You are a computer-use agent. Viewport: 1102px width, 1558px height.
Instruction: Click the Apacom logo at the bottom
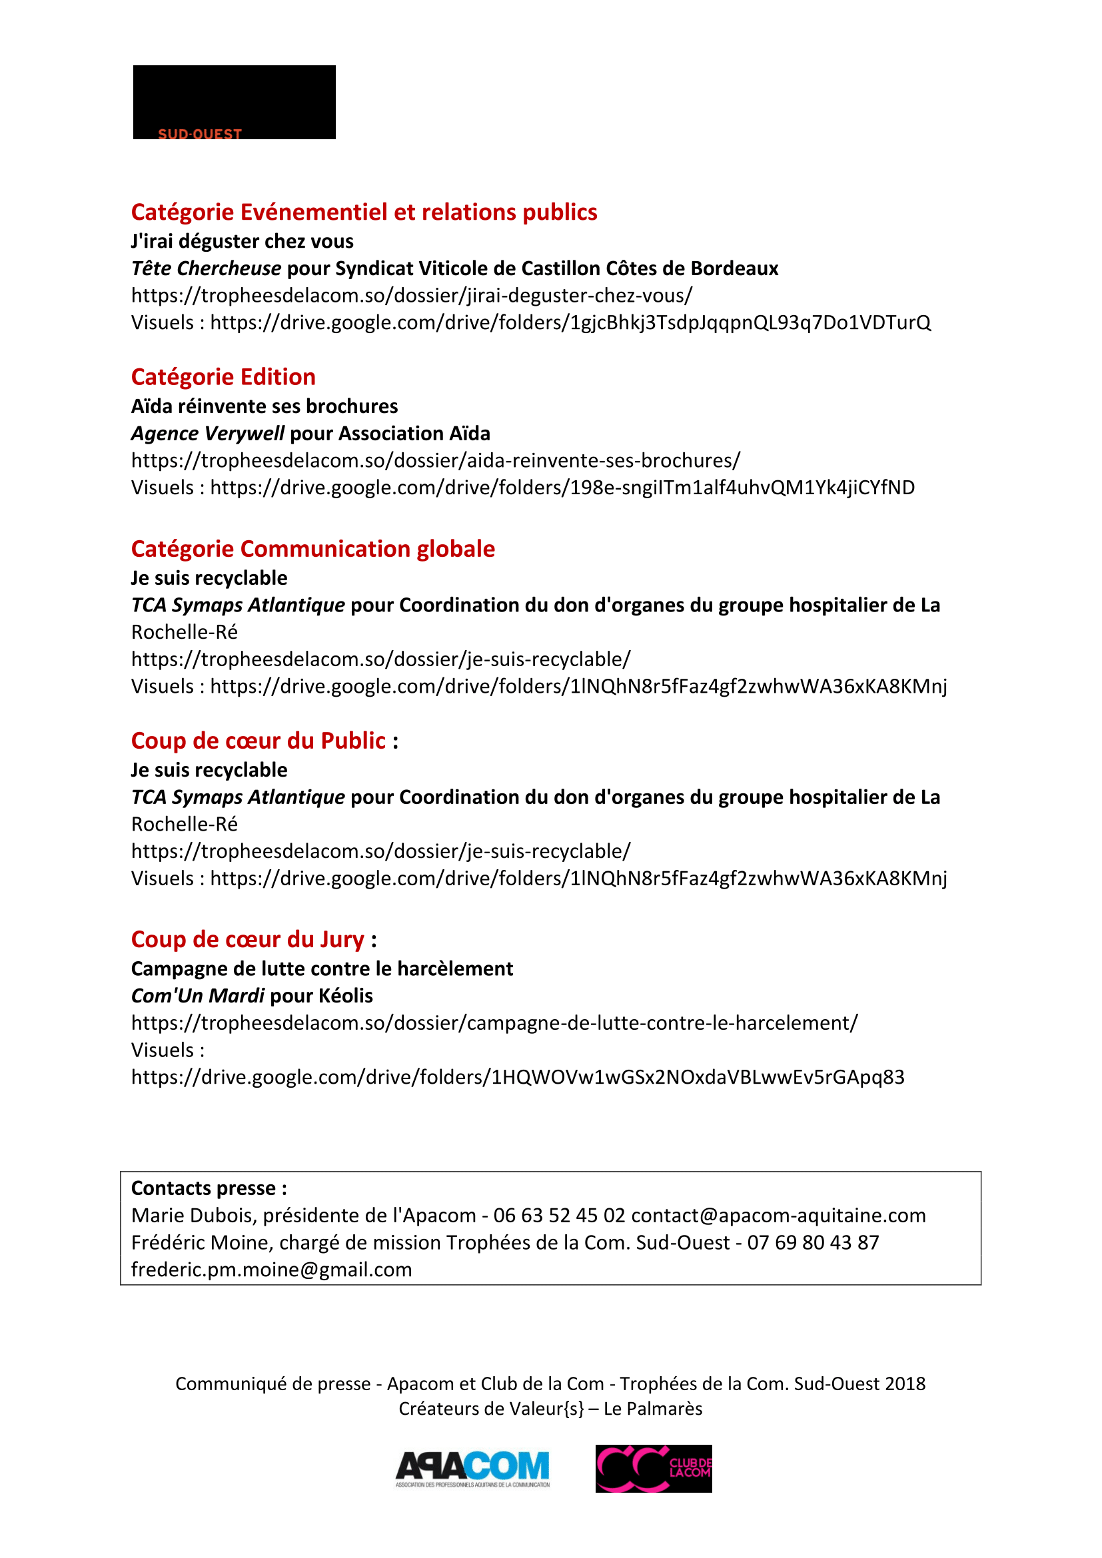(x=472, y=1469)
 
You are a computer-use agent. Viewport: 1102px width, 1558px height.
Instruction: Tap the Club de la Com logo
(x=654, y=1469)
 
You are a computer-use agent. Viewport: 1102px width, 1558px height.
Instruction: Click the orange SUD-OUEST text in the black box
(x=199, y=135)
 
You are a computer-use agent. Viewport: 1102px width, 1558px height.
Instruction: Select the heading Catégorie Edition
(x=223, y=376)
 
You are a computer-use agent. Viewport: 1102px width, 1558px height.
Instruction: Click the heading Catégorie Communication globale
(x=313, y=548)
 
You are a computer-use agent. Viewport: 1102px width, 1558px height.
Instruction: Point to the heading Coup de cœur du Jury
(x=248, y=939)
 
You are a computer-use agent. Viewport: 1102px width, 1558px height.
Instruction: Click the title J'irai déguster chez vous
(x=243, y=241)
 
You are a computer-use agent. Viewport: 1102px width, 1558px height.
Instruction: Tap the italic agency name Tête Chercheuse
(x=207, y=268)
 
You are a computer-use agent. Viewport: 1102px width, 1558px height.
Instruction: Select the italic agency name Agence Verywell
(x=208, y=434)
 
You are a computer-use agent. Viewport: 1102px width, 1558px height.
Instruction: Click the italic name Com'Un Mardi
(x=197, y=995)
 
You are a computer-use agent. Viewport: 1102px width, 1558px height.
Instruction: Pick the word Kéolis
(x=345, y=995)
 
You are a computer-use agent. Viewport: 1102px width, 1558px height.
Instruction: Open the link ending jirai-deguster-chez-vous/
(x=412, y=296)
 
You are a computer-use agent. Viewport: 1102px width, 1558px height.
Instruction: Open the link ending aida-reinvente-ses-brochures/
(x=436, y=461)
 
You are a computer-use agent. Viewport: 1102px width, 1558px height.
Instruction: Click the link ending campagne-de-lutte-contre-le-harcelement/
(x=494, y=1022)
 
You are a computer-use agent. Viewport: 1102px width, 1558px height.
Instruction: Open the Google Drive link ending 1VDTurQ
(x=570, y=322)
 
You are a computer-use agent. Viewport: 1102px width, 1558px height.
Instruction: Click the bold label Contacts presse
(x=209, y=1188)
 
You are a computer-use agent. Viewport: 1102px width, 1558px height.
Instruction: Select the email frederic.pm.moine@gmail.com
(x=271, y=1270)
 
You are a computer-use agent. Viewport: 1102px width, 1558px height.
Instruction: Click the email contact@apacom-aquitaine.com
(x=778, y=1216)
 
